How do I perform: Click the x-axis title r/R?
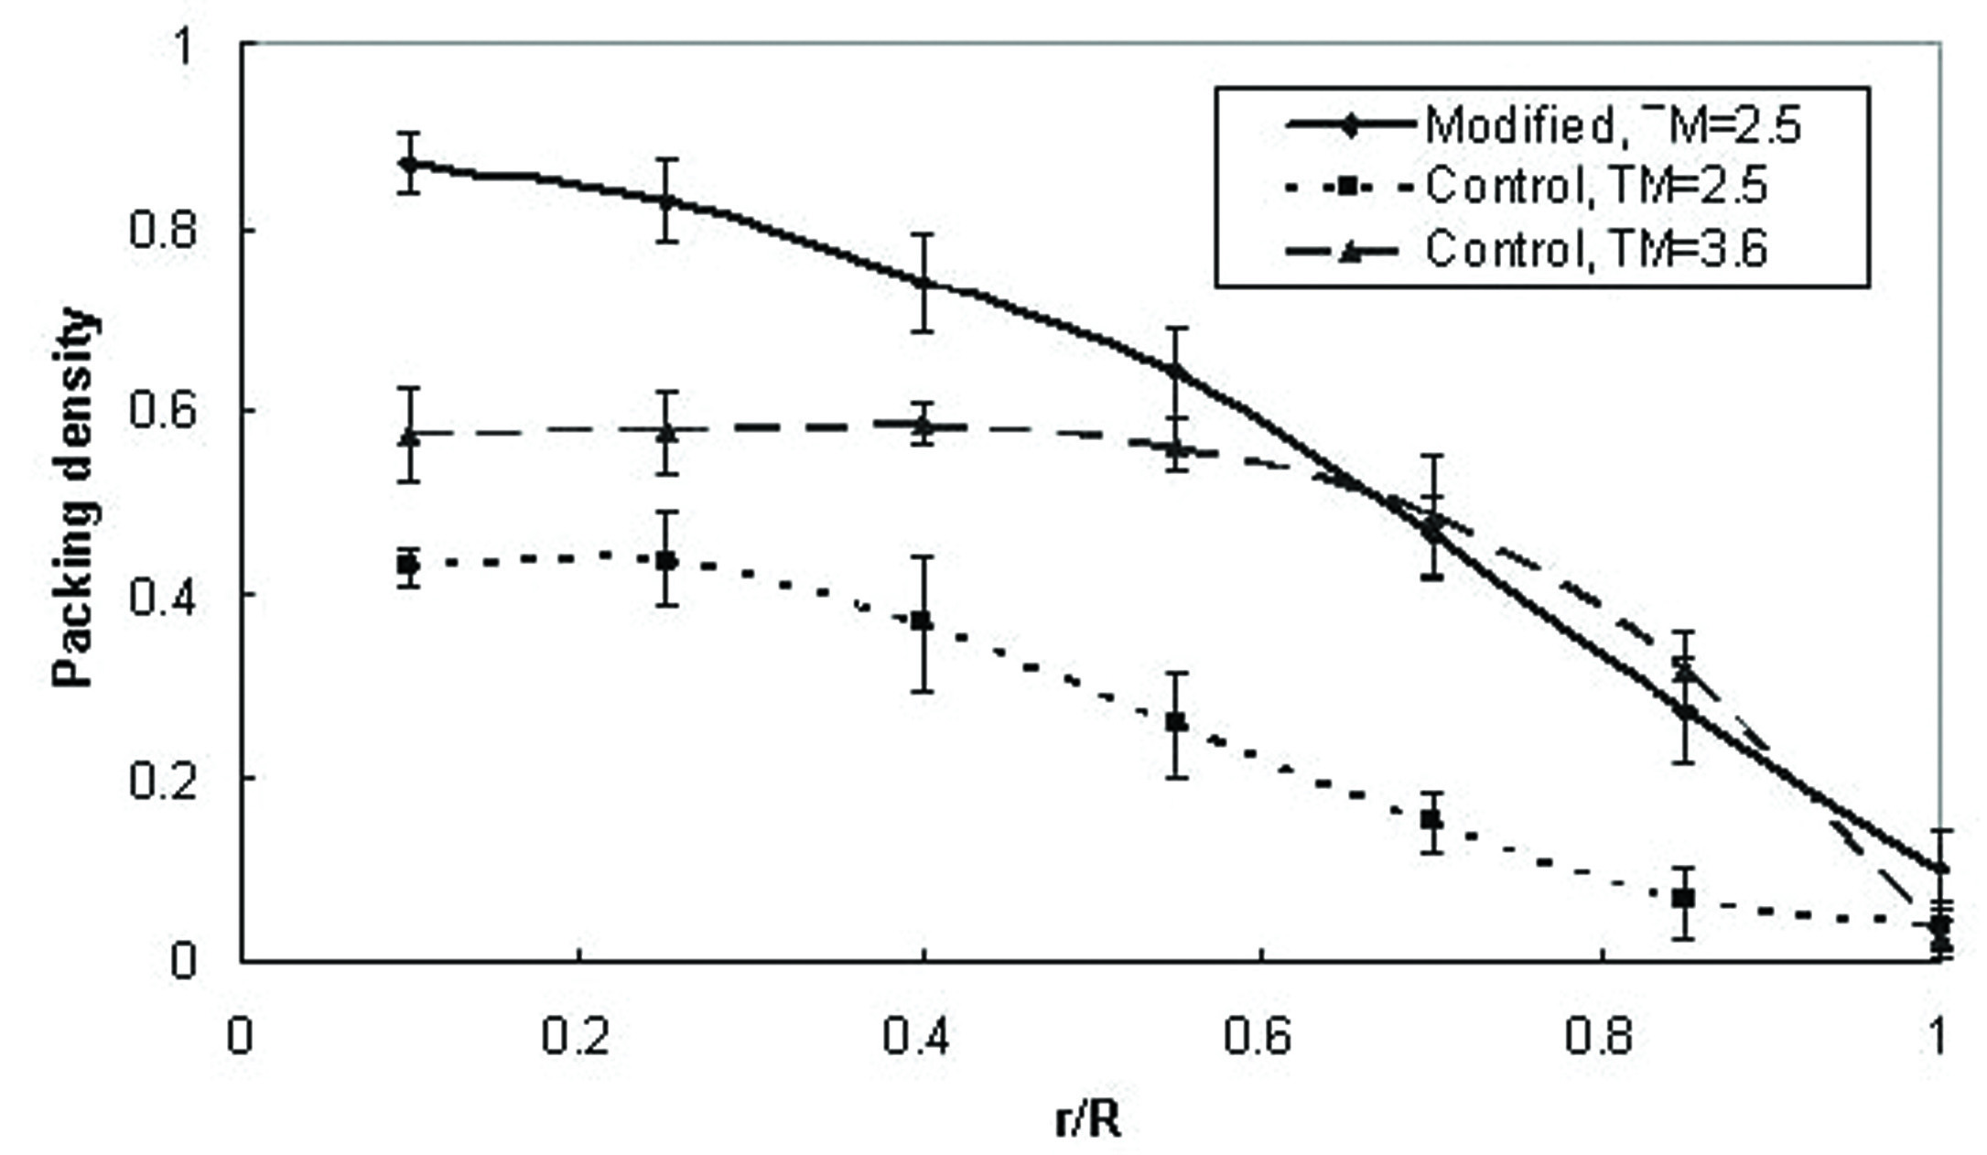pos(1087,1120)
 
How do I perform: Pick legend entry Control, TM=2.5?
pos(1596,187)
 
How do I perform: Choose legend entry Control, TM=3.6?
pos(1596,248)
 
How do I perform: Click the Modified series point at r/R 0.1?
pos(410,164)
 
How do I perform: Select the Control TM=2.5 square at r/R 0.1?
pos(410,566)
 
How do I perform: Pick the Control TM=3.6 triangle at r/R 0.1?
pos(410,436)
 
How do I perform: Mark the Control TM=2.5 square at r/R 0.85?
pos(1682,899)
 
